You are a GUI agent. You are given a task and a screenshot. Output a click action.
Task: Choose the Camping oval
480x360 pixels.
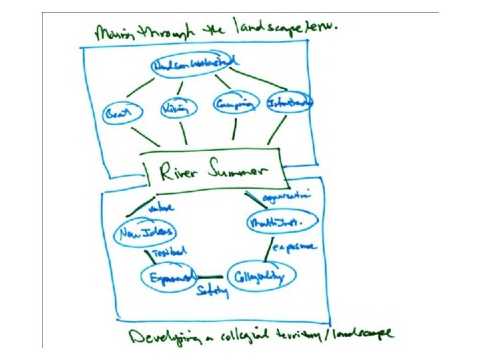click(234, 104)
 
